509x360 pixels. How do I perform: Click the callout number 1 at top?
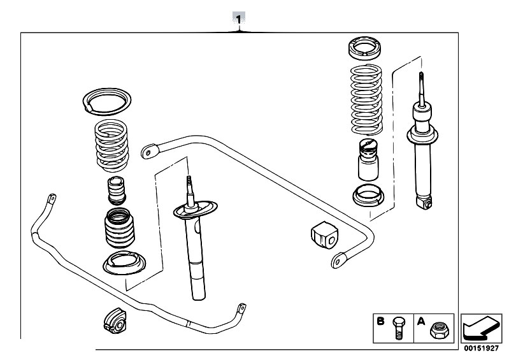(240, 19)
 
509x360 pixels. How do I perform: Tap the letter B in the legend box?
(380, 321)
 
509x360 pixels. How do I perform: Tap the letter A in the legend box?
(421, 321)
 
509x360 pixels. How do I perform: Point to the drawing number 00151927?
(482, 348)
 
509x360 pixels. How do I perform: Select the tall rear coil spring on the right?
(366, 99)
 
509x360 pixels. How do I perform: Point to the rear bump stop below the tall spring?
(366, 161)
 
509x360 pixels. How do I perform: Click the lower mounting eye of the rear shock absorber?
(425, 202)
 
